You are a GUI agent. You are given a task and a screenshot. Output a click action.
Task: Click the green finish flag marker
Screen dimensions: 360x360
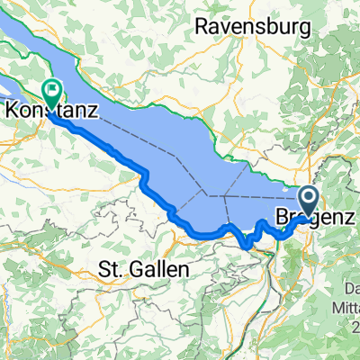(x=50, y=92)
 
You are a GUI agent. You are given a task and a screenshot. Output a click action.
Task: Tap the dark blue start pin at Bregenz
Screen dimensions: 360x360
(x=307, y=200)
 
